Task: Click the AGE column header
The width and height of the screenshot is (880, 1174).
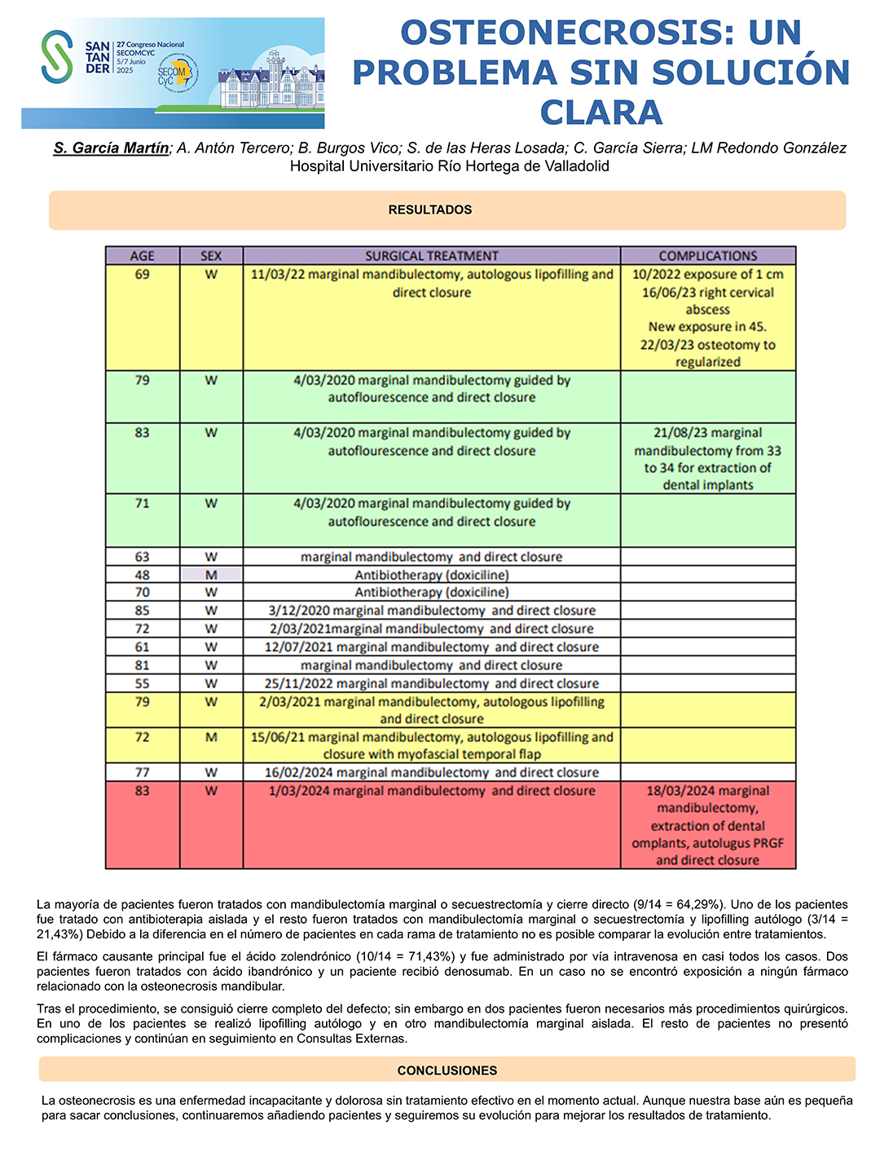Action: click(142, 255)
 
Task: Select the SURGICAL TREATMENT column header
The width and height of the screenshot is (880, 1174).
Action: click(431, 255)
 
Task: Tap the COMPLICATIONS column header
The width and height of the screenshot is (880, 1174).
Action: click(707, 255)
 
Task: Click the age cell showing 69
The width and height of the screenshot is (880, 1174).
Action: click(142, 275)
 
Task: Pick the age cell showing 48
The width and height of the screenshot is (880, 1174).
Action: click(142, 575)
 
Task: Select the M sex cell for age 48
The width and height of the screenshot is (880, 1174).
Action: click(211, 575)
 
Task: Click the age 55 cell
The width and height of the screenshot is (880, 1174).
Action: click(142, 683)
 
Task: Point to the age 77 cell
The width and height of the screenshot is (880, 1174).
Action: click(142, 772)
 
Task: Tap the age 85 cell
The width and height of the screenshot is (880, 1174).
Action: click(142, 611)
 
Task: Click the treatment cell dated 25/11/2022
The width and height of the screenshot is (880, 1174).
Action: click(431, 683)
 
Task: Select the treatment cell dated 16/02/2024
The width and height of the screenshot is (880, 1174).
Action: click(431, 772)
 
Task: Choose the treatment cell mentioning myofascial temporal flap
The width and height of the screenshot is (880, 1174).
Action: click(431, 745)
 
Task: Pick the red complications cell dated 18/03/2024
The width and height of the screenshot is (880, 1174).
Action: click(707, 825)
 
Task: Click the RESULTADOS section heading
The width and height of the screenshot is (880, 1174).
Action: click(430, 210)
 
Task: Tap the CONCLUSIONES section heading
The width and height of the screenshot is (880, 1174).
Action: click(447, 1070)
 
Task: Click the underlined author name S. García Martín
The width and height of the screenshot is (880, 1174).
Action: click(111, 148)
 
